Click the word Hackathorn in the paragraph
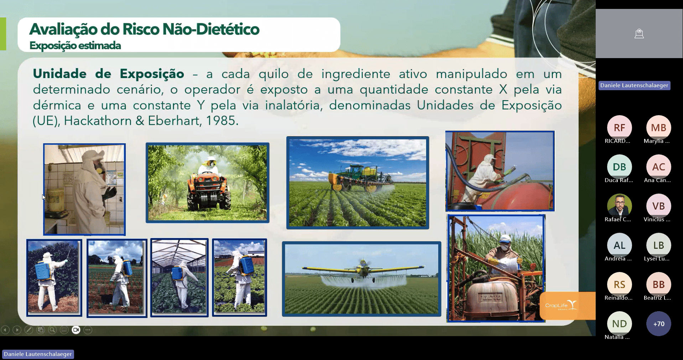point(98,121)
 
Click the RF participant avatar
point(619,128)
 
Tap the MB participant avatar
point(658,128)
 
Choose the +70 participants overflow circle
point(658,324)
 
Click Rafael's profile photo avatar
point(619,206)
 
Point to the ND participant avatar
point(619,324)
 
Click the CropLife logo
point(561,305)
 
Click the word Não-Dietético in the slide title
point(211,29)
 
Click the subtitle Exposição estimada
point(75,46)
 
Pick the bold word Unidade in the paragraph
point(60,74)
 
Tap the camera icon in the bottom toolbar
point(76,330)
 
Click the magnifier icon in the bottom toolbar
point(52,330)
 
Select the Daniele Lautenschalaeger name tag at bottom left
point(38,354)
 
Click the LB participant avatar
point(658,245)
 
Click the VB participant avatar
point(658,206)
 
